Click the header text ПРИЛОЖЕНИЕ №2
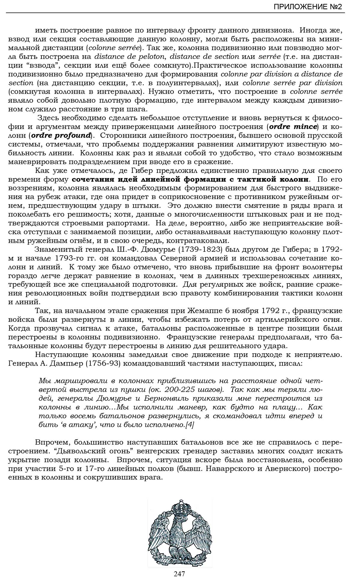point(308,7)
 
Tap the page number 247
point(179,573)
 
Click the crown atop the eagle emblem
point(180,507)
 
